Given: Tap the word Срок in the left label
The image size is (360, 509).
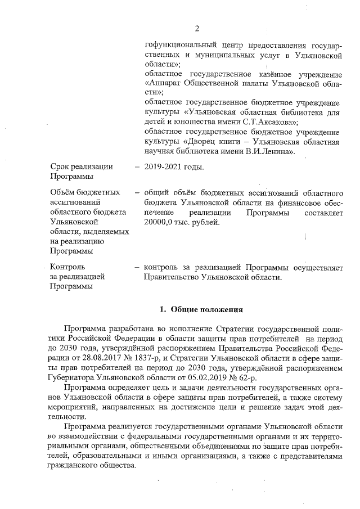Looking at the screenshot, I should [61, 167].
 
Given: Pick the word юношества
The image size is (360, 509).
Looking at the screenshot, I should [186, 121].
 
